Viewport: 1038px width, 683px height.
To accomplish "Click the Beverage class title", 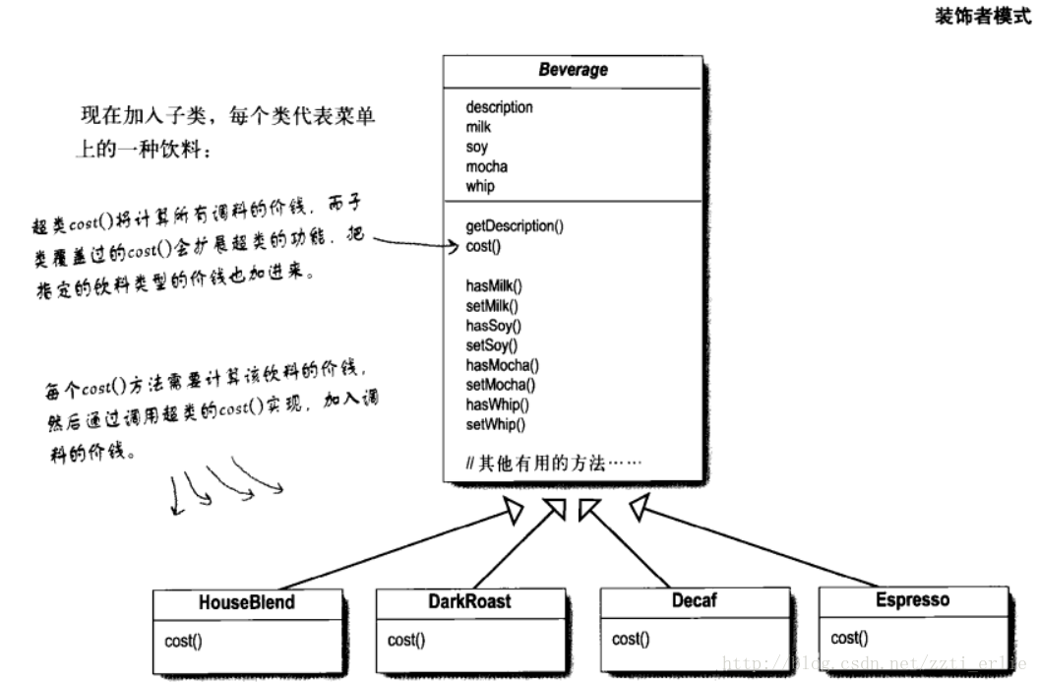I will pyautogui.click(x=573, y=70).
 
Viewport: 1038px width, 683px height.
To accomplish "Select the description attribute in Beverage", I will pyautogui.click(x=499, y=107).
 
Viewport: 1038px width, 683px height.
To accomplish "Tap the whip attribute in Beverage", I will pyautogui.click(x=480, y=186).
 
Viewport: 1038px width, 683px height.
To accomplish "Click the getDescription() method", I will pyautogui.click(x=515, y=226).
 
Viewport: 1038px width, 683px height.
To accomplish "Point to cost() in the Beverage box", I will pyautogui.click(x=483, y=246).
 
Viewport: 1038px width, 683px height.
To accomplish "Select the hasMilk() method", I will pyautogui.click(x=494, y=285).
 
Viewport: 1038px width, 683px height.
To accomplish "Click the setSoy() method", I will pyautogui.click(x=492, y=345).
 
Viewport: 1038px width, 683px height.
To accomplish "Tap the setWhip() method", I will pyautogui.click(x=496, y=424).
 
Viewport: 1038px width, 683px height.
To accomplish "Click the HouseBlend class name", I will pyautogui.click(x=246, y=603).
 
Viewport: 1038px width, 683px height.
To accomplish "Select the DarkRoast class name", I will pyautogui.click(x=469, y=601).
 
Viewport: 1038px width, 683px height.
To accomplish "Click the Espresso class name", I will pyautogui.click(x=913, y=600).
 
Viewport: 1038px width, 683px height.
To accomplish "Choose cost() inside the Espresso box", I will pyautogui.click(x=849, y=638).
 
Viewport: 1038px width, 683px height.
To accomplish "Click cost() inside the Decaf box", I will pyautogui.click(x=630, y=640).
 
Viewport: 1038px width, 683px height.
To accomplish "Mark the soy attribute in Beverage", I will pyautogui.click(x=477, y=147).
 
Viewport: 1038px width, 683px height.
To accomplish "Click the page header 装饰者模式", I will pyautogui.click(x=983, y=17).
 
